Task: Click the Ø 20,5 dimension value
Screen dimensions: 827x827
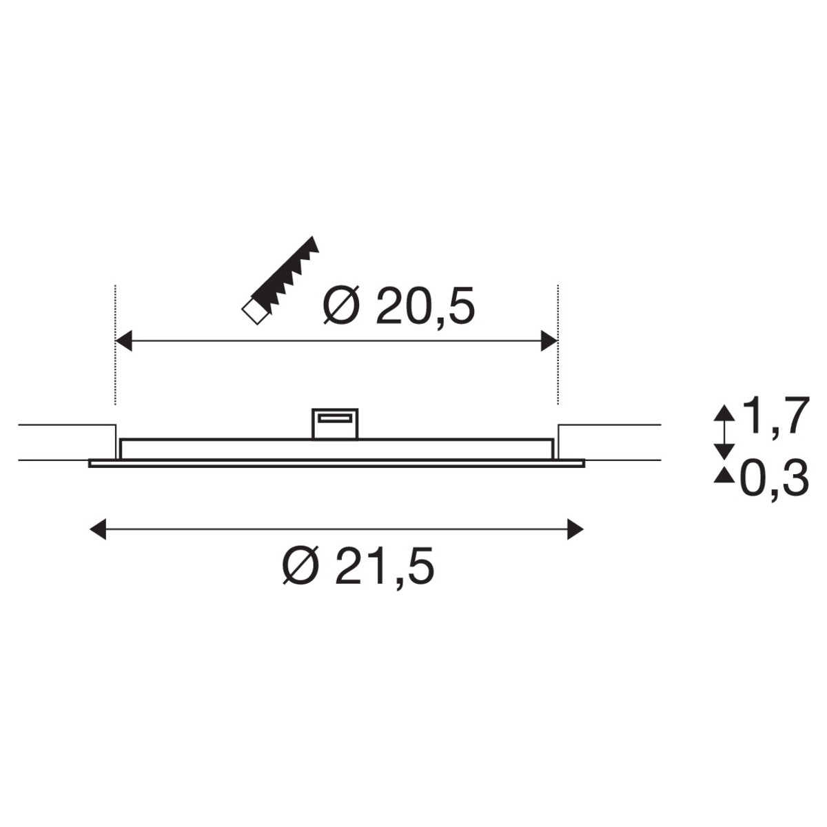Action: coord(399,305)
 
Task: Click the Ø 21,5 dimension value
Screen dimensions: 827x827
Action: coord(358,565)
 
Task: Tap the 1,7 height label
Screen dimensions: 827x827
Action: coord(776,416)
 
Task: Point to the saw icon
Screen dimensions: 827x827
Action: coord(280,280)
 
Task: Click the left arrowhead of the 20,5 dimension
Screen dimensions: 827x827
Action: coord(124,341)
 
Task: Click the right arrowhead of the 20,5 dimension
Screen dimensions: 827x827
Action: coord(549,341)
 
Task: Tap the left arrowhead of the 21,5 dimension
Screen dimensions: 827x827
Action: coord(97,529)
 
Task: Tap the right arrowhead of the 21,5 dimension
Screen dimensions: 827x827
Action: coord(575,529)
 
